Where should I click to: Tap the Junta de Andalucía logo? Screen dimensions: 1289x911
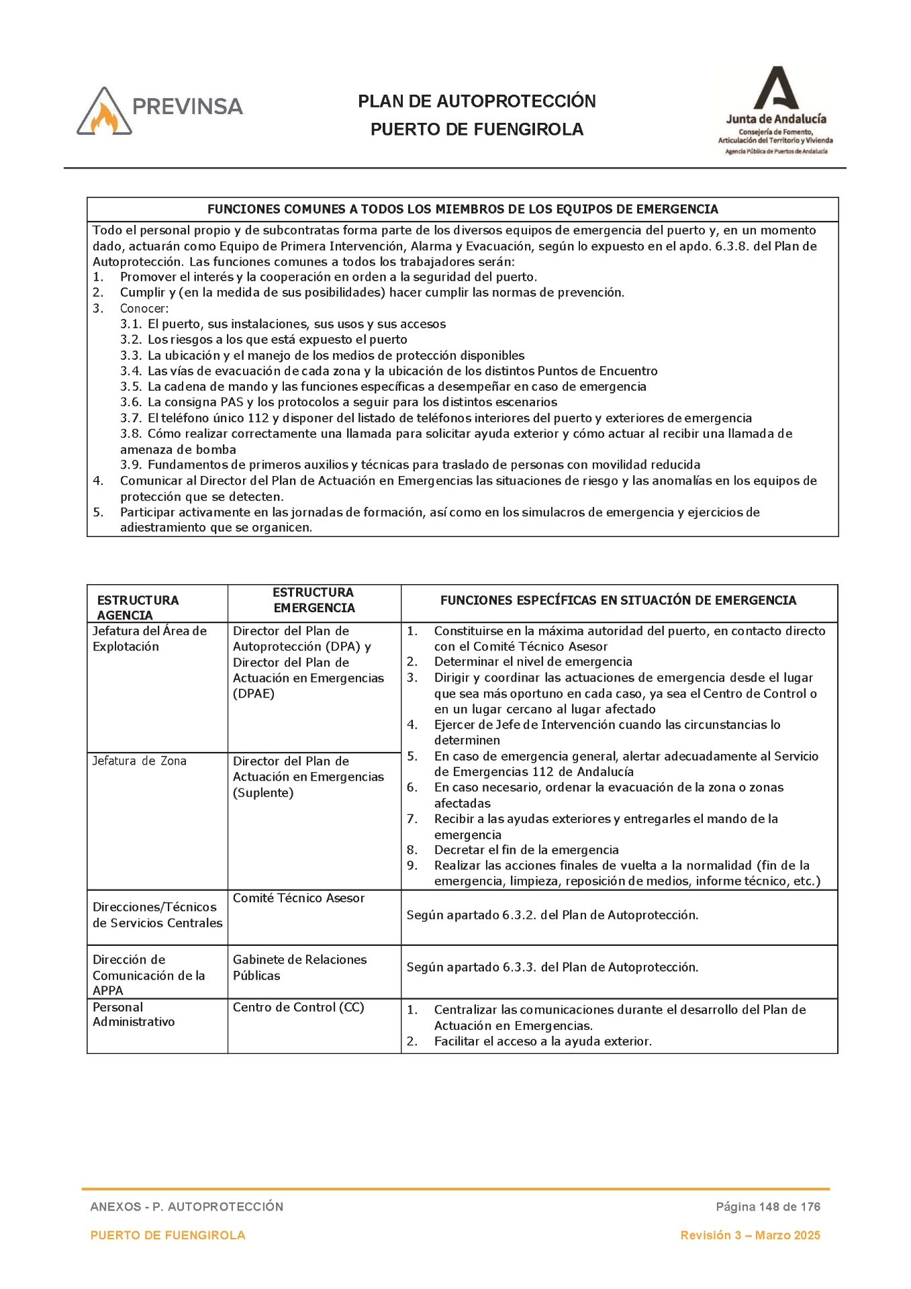[x=775, y=111]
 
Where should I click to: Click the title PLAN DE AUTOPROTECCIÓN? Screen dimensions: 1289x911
[x=477, y=101]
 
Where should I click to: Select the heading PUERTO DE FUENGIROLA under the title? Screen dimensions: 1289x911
[x=477, y=130]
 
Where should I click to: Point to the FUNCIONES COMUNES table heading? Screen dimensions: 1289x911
[x=462, y=209]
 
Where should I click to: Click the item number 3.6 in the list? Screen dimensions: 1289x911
[x=130, y=403]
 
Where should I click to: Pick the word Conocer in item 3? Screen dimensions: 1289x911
[x=144, y=309]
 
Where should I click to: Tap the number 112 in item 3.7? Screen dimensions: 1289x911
[x=258, y=418]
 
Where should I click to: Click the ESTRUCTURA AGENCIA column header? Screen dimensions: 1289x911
[x=138, y=607]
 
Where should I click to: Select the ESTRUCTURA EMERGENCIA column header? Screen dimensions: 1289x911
[x=314, y=600]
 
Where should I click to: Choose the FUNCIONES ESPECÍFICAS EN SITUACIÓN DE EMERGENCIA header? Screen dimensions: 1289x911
[x=618, y=601]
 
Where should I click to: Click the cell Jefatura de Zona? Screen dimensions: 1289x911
[x=140, y=761]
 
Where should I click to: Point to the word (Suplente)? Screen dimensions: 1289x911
[x=263, y=793]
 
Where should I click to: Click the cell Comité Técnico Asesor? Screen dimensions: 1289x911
[x=299, y=898]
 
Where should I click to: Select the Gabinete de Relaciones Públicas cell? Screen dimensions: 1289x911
[x=299, y=967]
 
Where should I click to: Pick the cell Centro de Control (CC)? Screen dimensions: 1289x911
[x=298, y=1008]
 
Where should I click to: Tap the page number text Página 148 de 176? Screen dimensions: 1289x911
[x=768, y=1207]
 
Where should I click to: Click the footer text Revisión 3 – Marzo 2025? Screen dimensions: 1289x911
[x=750, y=1235]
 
